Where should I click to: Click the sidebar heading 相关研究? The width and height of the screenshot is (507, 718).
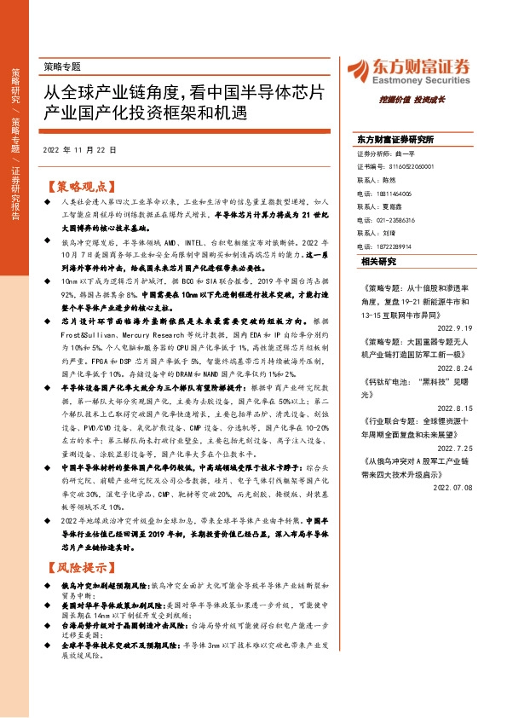point(378,261)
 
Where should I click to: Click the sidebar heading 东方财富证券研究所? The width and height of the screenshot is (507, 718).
point(395,139)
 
